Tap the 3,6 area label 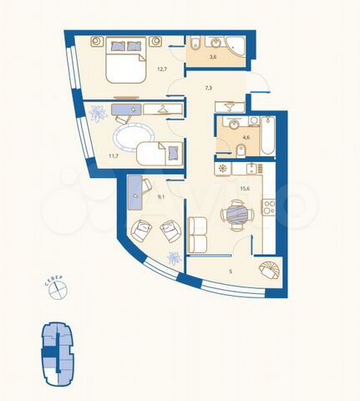[213, 58]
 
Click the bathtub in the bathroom [267, 135]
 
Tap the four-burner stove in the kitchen [268, 206]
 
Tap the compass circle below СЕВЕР [58, 290]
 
